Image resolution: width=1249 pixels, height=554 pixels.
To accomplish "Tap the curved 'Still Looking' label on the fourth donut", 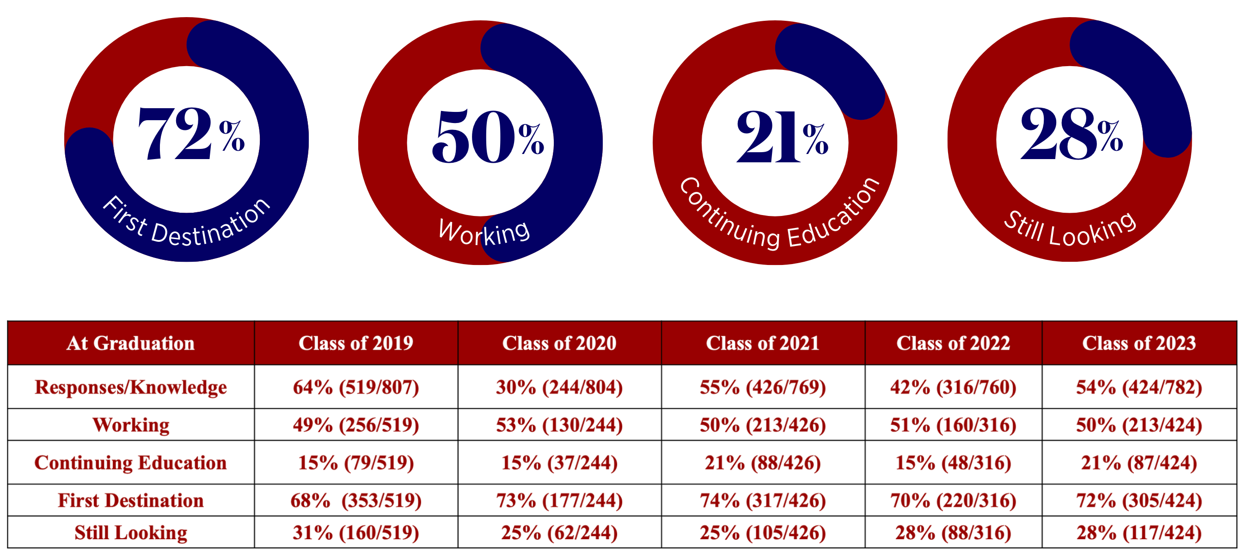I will [1070, 230].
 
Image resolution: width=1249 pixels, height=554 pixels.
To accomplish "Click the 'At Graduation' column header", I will [130, 344].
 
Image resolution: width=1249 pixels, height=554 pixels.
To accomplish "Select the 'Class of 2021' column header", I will [762, 344].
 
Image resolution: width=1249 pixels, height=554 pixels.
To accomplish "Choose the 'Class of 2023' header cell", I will [1139, 344].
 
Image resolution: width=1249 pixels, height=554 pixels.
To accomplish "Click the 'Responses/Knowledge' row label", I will [130, 387].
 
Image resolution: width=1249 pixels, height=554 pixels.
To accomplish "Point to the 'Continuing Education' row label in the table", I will [130, 462].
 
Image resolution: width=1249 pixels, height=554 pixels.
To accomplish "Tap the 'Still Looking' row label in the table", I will [130, 533].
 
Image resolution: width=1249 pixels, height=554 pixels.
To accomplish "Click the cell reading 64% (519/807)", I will [355, 387].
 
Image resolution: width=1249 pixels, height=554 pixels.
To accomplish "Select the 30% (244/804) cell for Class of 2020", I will [559, 387].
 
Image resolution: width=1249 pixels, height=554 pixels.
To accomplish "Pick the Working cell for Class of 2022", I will [953, 425].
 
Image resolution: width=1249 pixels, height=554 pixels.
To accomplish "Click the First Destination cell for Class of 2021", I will [762, 500].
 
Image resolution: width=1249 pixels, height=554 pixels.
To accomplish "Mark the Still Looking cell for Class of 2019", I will [355, 533].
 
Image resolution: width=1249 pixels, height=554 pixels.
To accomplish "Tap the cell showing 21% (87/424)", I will [1139, 462].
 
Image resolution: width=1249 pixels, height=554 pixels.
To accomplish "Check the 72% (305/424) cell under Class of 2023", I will [1139, 500].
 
